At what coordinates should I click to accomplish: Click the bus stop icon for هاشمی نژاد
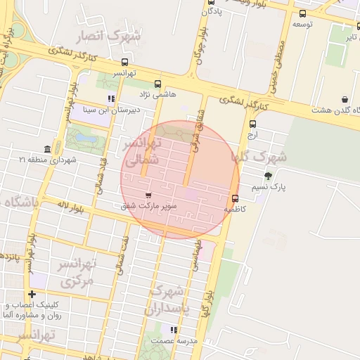click(156, 82)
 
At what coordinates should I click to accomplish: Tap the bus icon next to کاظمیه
click(235, 198)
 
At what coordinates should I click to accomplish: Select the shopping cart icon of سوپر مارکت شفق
click(148, 195)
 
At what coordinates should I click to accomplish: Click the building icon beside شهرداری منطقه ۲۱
click(47, 149)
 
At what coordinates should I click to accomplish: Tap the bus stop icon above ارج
click(252, 124)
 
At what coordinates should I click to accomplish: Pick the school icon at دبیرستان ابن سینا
click(110, 98)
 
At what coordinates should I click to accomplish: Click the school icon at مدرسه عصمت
click(174, 329)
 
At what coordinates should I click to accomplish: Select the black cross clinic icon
click(32, 294)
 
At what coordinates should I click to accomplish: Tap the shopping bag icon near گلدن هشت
click(345, 99)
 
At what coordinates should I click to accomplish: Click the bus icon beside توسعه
click(302, 13)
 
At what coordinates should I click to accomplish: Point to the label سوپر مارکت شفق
click(148, 207)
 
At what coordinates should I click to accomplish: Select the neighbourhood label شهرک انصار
click(116, 35)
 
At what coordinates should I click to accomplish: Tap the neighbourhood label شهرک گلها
click(264, 157)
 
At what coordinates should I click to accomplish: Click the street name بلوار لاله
click(70, 207)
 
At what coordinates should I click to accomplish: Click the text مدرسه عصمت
click(178, 340)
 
